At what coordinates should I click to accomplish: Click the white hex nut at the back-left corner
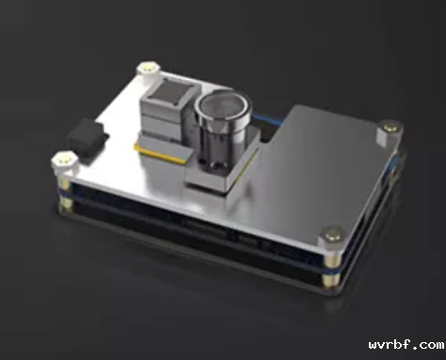tap(149, 70)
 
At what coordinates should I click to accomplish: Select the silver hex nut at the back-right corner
tap(390, 133)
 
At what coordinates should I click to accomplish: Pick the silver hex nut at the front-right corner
tap(332, 239)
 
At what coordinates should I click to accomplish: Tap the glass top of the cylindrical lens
tap(225, 107)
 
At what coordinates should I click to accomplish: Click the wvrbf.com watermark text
tap(406, 345)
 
